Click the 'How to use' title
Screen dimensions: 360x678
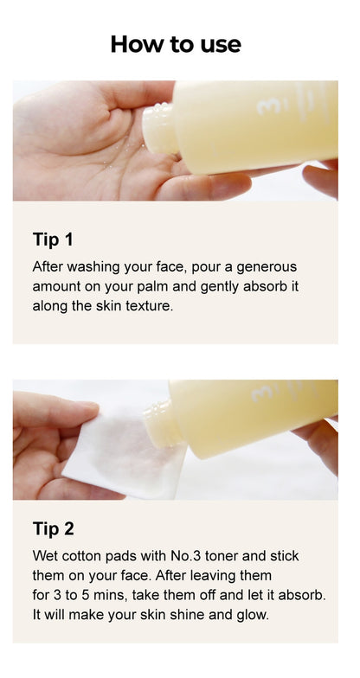[x=176, y=44]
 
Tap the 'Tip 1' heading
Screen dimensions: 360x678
[x=53, y=240]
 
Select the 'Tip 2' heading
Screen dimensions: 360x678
[x=54, y=529]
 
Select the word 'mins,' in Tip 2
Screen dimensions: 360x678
[x=112, y=596]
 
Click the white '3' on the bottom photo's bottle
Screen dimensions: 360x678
[x=261, y=394]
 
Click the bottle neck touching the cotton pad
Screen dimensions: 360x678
[x=163, y=425]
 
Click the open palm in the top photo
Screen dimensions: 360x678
[x=87, y=143]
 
